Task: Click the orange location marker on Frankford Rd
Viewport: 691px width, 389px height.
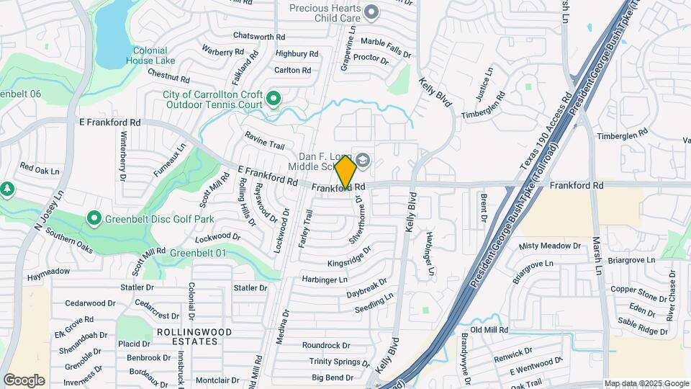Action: coord(345,171)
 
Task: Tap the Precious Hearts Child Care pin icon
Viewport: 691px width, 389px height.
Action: coord(371,12)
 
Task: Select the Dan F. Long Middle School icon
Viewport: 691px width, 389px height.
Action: coord(363,160)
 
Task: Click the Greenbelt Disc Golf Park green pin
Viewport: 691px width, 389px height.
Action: coord(94,218)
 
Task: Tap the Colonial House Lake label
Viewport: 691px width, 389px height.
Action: coord(150,56)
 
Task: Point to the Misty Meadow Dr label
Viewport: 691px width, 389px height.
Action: coord(549,246)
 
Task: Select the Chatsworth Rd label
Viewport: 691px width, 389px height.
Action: coord(259,37)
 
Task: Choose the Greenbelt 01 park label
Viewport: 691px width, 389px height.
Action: coord(198,253)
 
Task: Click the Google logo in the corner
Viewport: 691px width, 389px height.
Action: coord(24,380)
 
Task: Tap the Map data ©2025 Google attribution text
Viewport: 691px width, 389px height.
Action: coord(646,383)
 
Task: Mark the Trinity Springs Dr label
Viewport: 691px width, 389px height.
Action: coord(339,362)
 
